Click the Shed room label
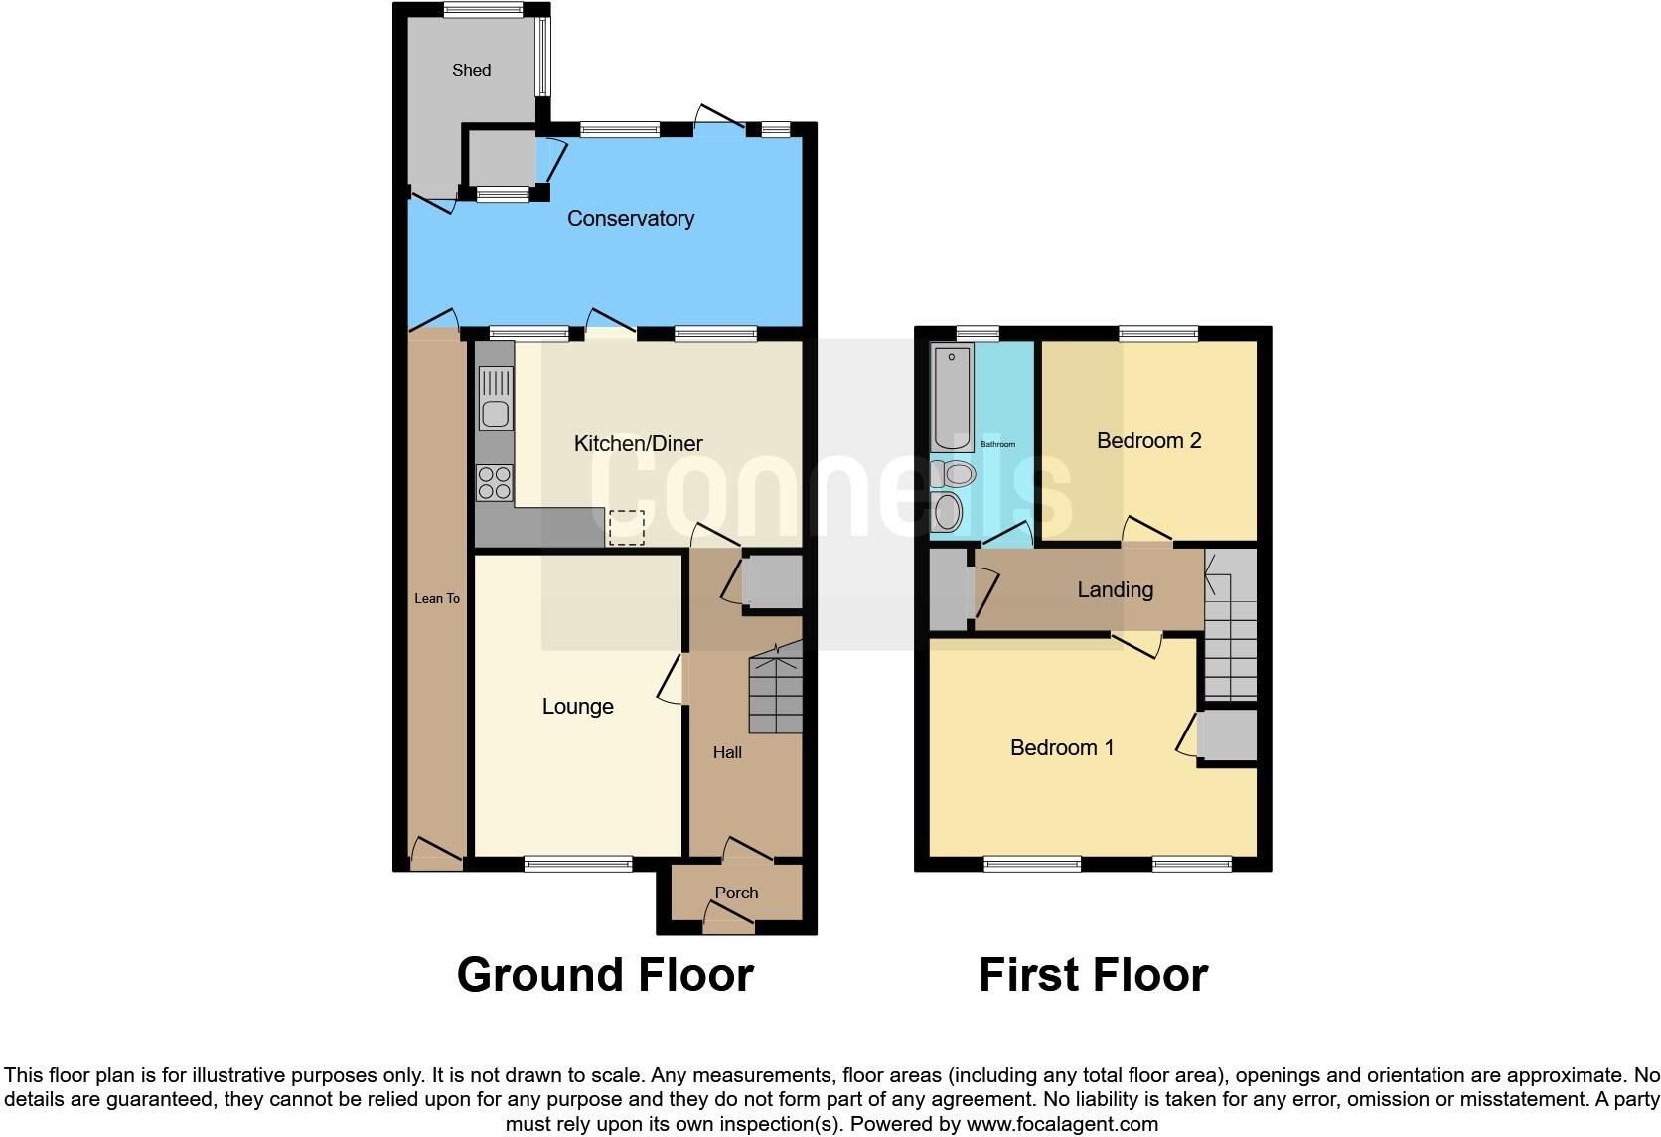tap(471, 70)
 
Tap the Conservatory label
tap(630, 219)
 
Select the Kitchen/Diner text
tap(638, 444)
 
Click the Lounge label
tap(577, 707)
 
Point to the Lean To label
tap(437, 598)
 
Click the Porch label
tap(736, 893)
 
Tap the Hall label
tap(727, 752)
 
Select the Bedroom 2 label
tap(1148, 440)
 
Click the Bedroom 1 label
tap(1061, 747)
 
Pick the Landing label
tap(1115, 590)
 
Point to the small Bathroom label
tap(997, 444)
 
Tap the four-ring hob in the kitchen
tap(494, 483)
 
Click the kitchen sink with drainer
tap(494, 398)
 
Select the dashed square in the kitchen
tap(626, 527)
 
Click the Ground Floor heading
tap(604, 975)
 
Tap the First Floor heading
tap(1093, 975)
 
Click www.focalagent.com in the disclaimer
tap(1062, 1125)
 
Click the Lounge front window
tap(578, 864)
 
